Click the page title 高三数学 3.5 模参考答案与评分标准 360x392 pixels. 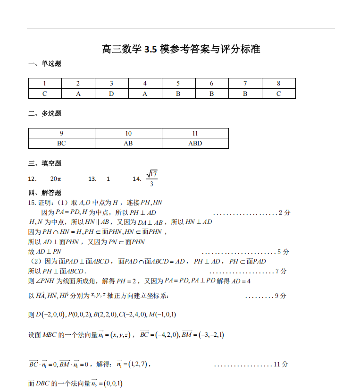pyautogui.click(x=181, y=49)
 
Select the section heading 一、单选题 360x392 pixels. pyautogui.click(x=45, y=64)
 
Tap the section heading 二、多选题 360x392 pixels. pyautogui.click(x=45, y=113)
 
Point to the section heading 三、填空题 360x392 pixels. pyautogui.click(x=45, y=163)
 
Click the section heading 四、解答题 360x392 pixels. pyautogui.click(x=45, y=193)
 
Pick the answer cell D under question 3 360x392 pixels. pyautogui.click(x=111, y=94)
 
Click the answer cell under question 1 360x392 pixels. pyautogui.click(x=45, y=94)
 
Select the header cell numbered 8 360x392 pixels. pyautogui.click(x=278, y=84)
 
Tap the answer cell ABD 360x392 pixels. pyautogui.click(x=195, y=144)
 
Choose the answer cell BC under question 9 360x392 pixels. pyautogui.click(x=61, y=144)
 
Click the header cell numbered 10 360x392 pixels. pyautogui.click(x=128, y=134)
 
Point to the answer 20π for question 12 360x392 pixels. pyautogui.click(x=56, y=179)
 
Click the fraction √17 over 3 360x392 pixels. pyautogui.click(x=151, y=179)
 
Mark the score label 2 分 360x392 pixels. pyautogui.click(x=285, y=213)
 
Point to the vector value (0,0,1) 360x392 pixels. pyautogui.click(x=113, y=383)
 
